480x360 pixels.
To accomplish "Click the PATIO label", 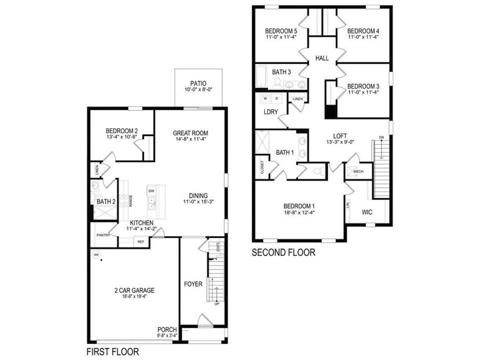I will pyautogui.click(x=198, y=84).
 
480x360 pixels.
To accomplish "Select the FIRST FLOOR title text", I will pyautogui.click(x=113, y=352).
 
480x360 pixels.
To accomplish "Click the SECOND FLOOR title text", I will pyautogui.click(x=283, y=252).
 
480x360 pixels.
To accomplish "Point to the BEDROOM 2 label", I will pyautogui.click(x=122, y=131).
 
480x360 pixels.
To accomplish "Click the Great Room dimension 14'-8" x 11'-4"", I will pyautogui.click(x=190, y=140).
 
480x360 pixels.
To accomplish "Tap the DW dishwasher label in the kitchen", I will pyautogui.click(x=151, y=190).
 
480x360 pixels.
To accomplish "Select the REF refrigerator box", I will pyautogui.click(x=141, y=242).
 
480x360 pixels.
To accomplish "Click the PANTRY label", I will pyautogui.click(x=103, y=235).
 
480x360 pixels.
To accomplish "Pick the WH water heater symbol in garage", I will pyautogui.click(x=97, y=255).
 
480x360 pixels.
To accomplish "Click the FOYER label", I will pyautogui.click(x=193, y=284).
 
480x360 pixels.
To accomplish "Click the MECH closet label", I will pyautogui.click(x=358, y=172).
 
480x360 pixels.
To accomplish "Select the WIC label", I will pyautogui.click(x=367, y=212).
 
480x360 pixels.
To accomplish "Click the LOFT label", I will pyautogui.click(x=340, y=135).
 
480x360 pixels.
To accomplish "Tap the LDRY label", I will pyautogui.click(x=270, y=111).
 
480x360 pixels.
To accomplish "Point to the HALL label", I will pyautogui.click(x=322, y=58).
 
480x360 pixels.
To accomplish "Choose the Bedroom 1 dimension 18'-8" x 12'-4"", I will pyautogui.click(x=299, y=212).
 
